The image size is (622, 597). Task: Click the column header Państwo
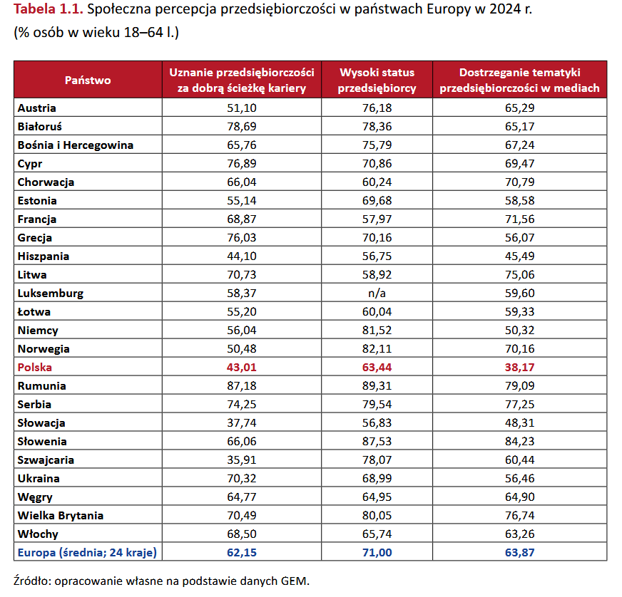pos(88,80)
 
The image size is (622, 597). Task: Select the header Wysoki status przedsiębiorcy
pos(377,80)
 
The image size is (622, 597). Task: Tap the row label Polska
pos(34,367)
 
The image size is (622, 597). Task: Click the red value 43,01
pos(242,367)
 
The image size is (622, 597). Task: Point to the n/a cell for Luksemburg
pos(377,293)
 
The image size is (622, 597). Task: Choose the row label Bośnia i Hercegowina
pos(76,145)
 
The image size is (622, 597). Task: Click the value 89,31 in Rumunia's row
pos(377,386)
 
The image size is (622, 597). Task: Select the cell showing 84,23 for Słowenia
pos(520,441)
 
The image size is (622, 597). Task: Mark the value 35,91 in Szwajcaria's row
pos(242,460)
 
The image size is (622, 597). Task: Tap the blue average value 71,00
pos(377,553)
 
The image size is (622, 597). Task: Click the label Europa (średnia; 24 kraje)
pos(87,553)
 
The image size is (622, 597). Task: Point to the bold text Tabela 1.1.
pos(49,9)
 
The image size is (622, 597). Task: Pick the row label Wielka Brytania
pos(61,515)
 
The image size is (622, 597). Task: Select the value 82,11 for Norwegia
pos(377,348)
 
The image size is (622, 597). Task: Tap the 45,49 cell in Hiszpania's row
pos(520,256)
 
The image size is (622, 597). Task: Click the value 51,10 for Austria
pos(242,108)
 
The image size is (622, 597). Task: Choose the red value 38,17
pos(520,367)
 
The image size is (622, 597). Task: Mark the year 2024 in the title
pos(505,9)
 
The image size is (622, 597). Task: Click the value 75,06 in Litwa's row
pos(520,274)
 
